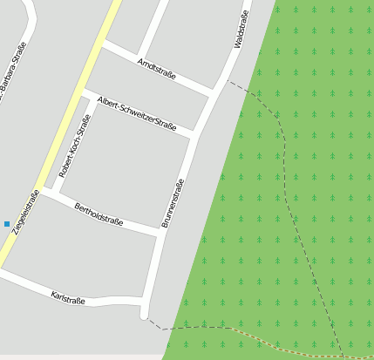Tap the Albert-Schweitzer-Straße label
[137, 112]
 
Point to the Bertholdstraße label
[99, 214]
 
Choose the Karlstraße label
[68, 298]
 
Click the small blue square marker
[7, 224]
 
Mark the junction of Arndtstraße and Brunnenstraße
[212, 92]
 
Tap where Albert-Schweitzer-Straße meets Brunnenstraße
[193, 134]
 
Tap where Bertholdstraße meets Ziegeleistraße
[40, 192]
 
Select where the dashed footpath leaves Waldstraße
[229, 82]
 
